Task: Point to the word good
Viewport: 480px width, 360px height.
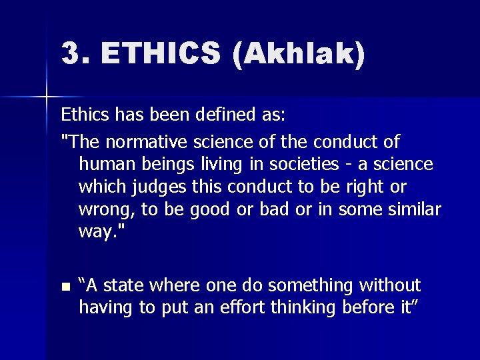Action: (x=213, y=209)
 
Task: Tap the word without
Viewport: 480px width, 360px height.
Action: (x=391, y=286)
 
